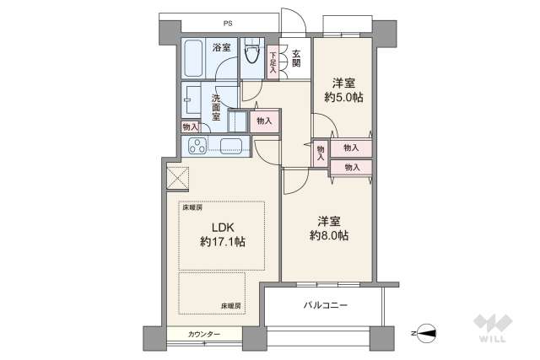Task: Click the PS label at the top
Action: click(x=228, y=23)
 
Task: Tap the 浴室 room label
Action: click(x=222, y=48)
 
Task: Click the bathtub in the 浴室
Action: click(x=192, y=59)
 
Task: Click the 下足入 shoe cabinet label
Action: click(x=273, y=62)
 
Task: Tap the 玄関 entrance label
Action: click(x=296, y=60)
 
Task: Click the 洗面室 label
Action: click(x=216, y=108)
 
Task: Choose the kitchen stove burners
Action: click(x=197, y=146)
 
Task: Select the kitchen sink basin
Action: click(x=231, y=146)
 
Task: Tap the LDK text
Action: click(x=222, y=226)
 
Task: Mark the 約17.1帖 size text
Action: click(x=222, y=242)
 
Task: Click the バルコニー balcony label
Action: click(x=326, y=304)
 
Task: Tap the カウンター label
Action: click(x=204, y=335)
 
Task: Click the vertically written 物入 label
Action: click(x=321, y=153)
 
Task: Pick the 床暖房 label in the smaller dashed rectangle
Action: click(x=231, y=305)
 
